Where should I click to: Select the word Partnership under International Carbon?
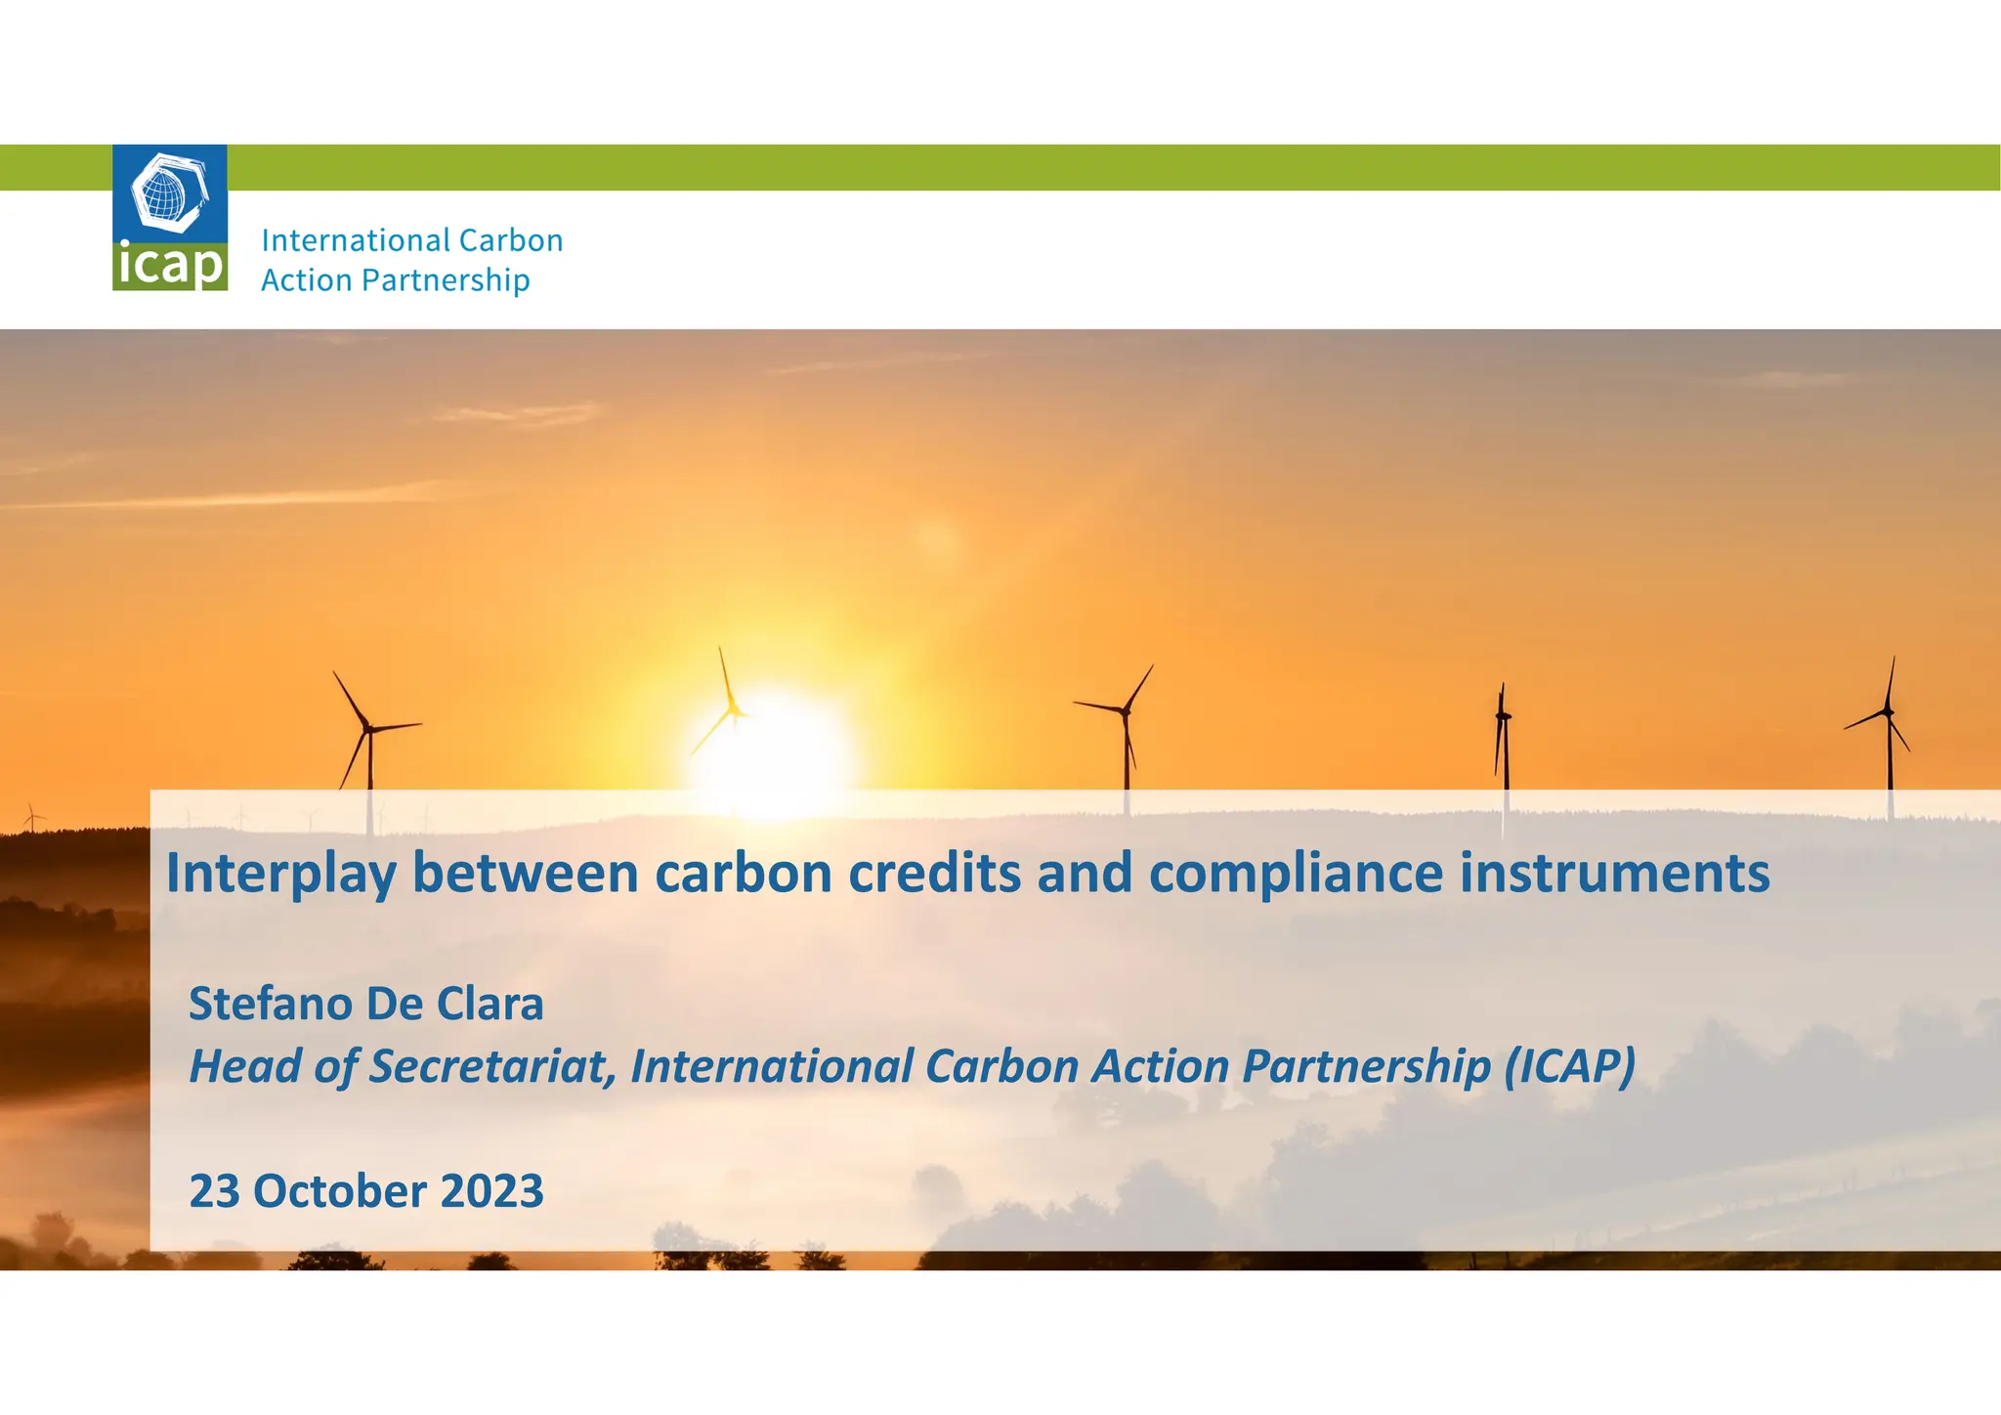[446, 280]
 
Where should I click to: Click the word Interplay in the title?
[280, 873]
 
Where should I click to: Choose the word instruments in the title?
[1614, 873]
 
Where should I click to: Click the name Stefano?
[270, 1004]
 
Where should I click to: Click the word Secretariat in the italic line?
[491, 1066]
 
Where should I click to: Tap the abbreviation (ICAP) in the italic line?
[1569, 1066]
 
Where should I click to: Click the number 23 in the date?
[214, 1191]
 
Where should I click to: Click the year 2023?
[491, 1191]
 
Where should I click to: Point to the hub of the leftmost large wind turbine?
[368, 728]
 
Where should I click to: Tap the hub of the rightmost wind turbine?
[1888, 712]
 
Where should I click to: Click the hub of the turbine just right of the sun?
[1126, 711]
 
